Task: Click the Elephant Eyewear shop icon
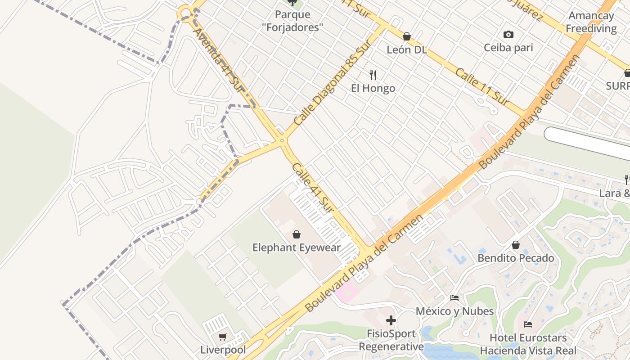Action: (297, 234)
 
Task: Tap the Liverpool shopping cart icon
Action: (223, 337)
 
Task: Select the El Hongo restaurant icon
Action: (373, 75)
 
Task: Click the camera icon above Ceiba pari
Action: (508, 35)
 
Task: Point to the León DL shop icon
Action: (407, 36)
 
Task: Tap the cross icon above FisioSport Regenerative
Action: (391, 320)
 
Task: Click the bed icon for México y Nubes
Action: (454, 298)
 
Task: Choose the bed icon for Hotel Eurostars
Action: (528, 324)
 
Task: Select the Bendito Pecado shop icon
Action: (516, 245)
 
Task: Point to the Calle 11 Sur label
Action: (482, 87)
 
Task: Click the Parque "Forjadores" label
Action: (292, 21)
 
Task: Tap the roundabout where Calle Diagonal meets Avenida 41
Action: (282, 140)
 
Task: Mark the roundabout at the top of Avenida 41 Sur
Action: (184, 13)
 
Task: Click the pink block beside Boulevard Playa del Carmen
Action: (346, 292)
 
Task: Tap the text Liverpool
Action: (223, 350)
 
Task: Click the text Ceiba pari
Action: (508, 48)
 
